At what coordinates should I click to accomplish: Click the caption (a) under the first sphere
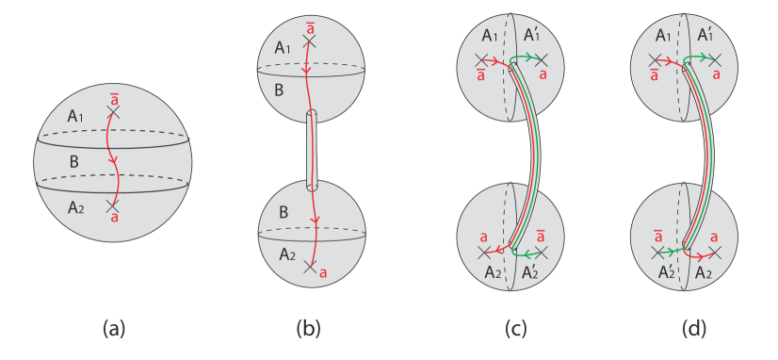tap(114, 328)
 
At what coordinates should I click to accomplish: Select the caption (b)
tap(309, 328)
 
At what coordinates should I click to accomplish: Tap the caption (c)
tap(514, 328)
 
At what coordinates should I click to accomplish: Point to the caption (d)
tap(696, 328)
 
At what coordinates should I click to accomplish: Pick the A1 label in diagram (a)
tap(78, 116)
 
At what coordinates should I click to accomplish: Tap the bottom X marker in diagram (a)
tap(112, 205)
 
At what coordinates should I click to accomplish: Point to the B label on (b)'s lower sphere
tap(280, 213)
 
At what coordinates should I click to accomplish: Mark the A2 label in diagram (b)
tap(285, 254)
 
